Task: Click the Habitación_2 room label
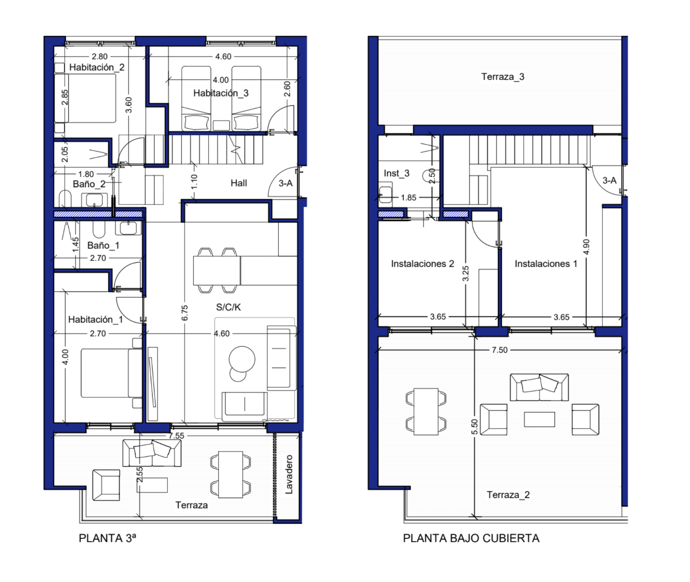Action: (97, 67)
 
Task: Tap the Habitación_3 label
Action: (221, 93)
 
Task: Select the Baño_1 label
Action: (103, 245)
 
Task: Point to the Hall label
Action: (238, 183)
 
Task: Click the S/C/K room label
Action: (228, 307)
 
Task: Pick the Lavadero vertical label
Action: (289, 474)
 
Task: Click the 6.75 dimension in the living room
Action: (185, 313)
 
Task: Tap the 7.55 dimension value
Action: (176, 436)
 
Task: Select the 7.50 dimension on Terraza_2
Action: (499, 350)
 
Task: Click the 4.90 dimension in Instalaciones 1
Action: (586, 247)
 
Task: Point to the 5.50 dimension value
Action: (474, 427)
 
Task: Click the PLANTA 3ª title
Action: (108, 538)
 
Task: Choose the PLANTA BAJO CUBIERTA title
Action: (471, 538)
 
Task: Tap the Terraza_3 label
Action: (502, 77)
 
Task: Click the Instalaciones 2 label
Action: (423, 264)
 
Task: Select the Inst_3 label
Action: (396, 173)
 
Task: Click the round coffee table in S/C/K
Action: (242, 359)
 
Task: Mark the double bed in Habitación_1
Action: (112, 373)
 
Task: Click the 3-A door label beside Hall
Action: (285, 183)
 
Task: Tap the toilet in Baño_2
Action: (65, 198)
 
